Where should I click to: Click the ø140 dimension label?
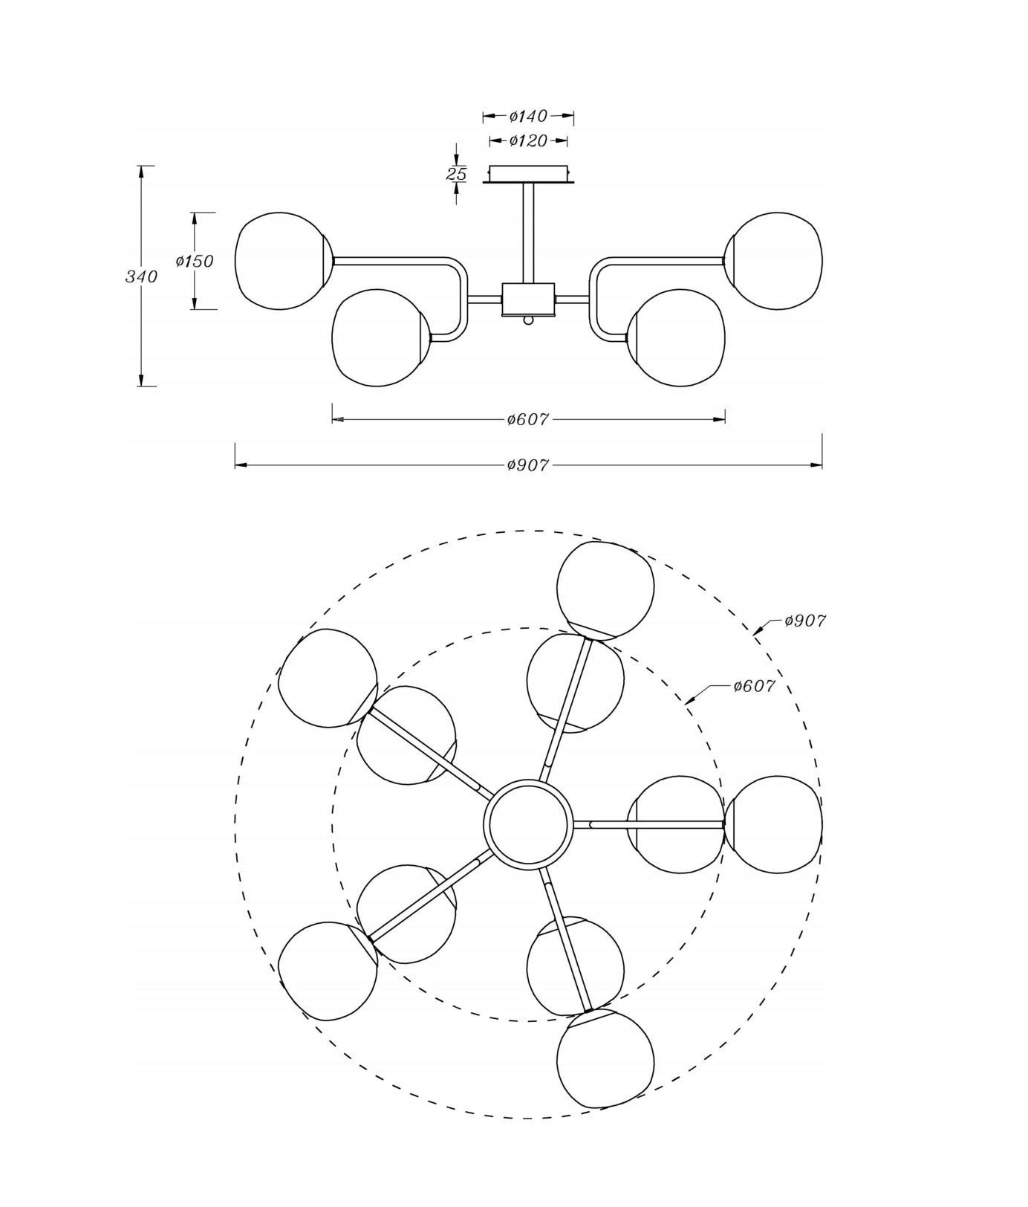528,116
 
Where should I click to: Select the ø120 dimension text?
528,140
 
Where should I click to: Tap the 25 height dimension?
456,174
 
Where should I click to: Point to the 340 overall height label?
141,276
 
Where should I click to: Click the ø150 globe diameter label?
194,261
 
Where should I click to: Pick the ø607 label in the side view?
528,419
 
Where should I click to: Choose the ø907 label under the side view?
528,465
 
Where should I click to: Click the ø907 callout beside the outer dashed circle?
805,621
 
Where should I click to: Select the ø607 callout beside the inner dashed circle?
754,686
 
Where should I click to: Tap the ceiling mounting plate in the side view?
528,174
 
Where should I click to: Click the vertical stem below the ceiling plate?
528,233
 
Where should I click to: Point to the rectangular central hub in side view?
528,299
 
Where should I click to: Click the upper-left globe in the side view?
283,261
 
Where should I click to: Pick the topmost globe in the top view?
605,590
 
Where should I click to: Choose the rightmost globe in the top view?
773,823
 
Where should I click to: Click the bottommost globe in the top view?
605,1058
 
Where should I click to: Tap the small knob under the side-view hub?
528,320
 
